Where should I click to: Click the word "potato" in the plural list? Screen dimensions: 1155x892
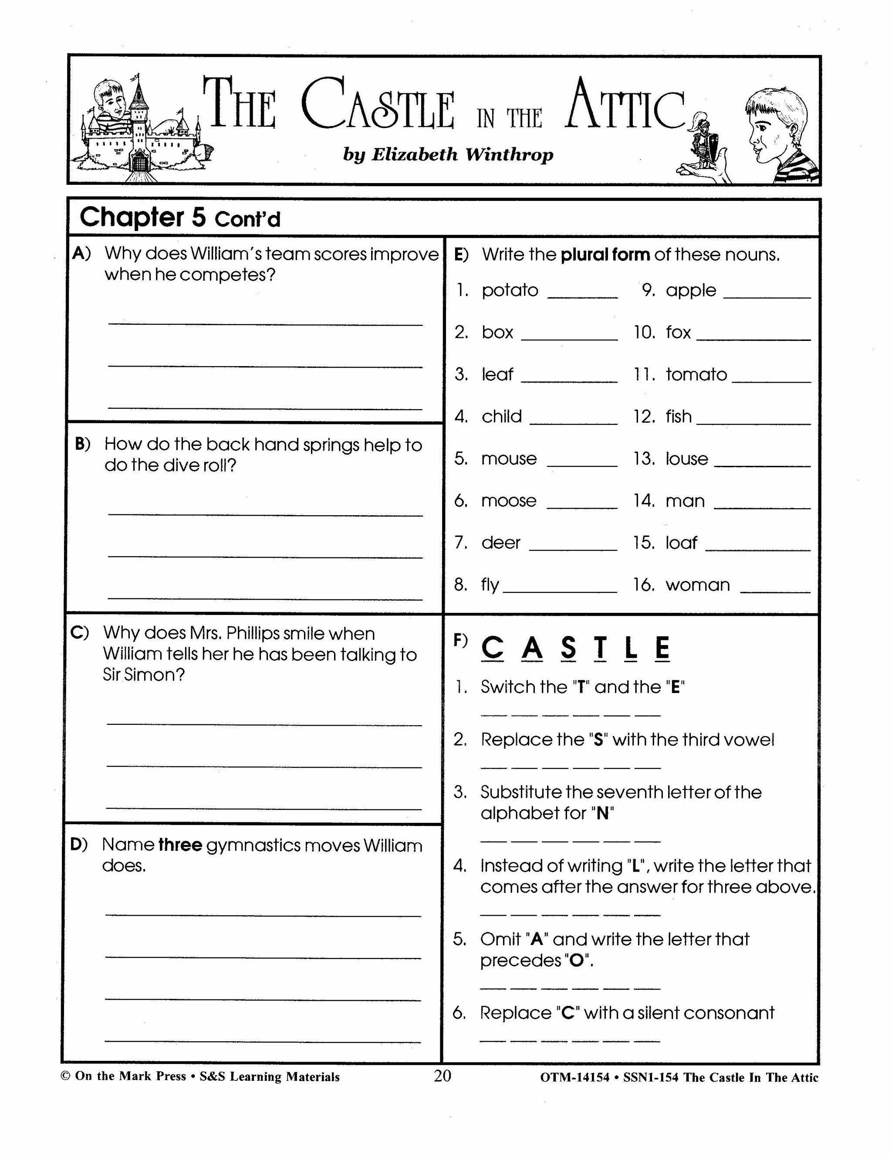[x=510, y=290]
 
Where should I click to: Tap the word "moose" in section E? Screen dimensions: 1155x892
[x=508, y=500]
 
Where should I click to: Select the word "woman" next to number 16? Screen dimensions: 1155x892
[x=698, y=584]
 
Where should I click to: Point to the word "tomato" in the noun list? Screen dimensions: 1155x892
[x=696, y=374]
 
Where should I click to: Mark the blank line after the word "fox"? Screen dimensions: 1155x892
[x=753, y=339]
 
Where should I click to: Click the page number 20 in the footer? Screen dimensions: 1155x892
[x=443, y=1076]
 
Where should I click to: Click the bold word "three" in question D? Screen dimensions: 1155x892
[x=180, y=845]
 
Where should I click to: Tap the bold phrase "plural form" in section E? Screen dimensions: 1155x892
[x=605, y=255]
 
